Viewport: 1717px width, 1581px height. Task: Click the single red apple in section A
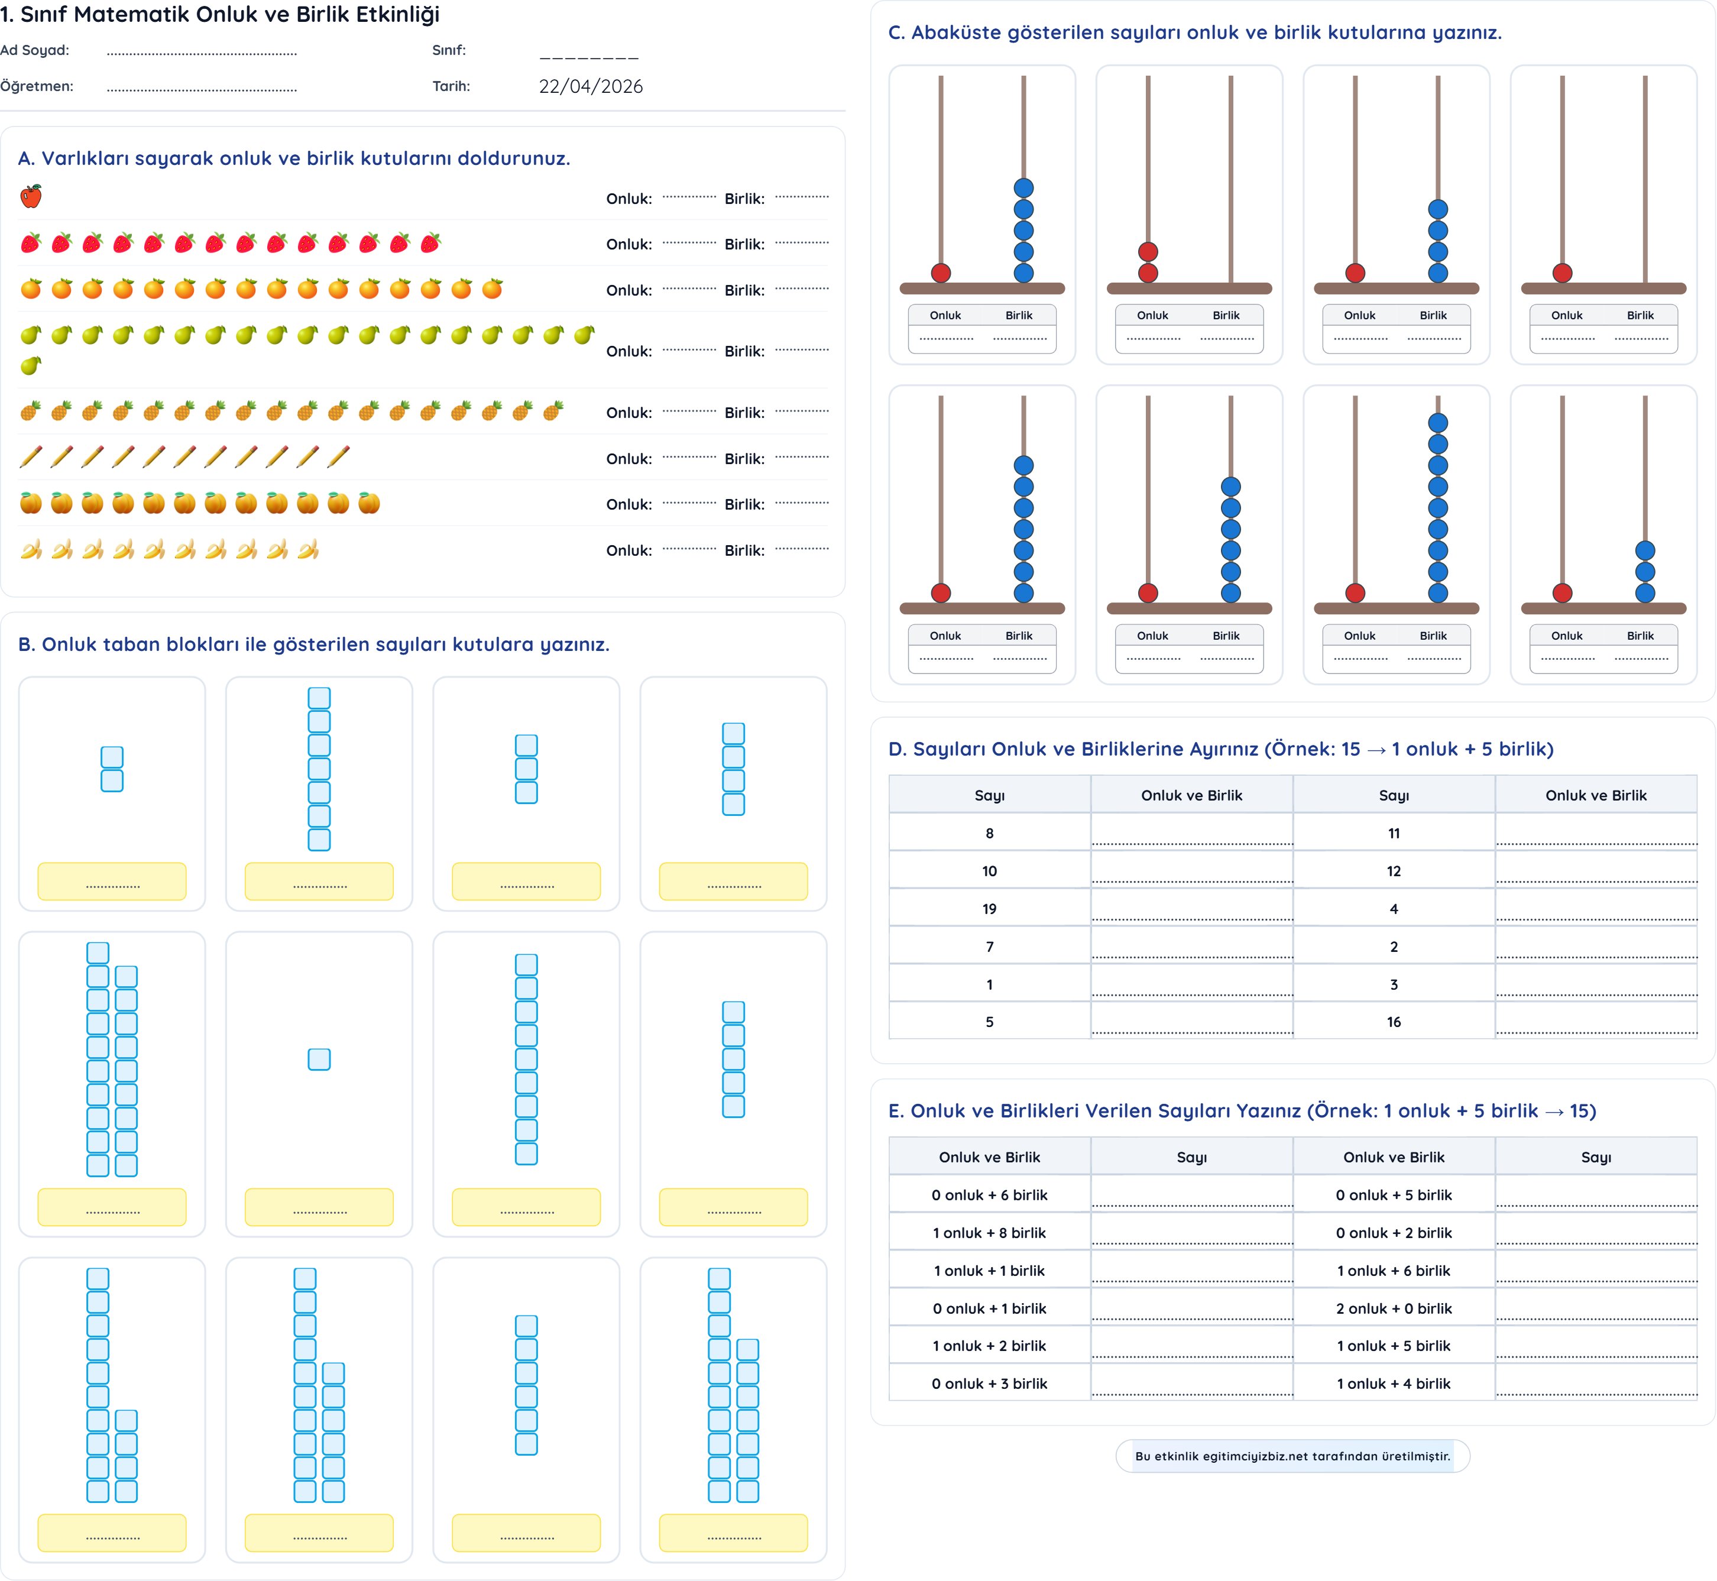point(31,197)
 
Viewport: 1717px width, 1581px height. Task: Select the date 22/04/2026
point(590,86)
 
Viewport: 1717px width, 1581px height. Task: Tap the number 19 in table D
point(989,909)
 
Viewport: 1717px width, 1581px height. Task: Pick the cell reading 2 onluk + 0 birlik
point(1393,1308)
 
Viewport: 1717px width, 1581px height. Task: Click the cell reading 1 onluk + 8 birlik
point(989,1233)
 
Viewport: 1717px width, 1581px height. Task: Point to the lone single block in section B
point(319,1059)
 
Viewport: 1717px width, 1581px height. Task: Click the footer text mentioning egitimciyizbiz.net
point(1292,1456)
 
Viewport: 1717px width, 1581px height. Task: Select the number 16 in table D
point(1393,1022)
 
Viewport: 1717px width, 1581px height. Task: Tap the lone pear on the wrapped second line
point(31,366)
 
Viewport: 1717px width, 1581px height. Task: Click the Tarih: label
point(451,86)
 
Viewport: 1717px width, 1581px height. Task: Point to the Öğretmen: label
point(37,86)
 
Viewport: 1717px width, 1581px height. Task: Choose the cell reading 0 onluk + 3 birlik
point(989,1384)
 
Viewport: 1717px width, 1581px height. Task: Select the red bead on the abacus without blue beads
point(1562,273)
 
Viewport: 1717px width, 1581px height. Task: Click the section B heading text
point(313,644)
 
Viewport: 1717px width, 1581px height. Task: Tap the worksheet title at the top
point(220,15)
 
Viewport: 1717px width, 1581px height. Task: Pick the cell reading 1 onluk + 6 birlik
point(1393,1271)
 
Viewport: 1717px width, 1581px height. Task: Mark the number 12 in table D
point(1393,871)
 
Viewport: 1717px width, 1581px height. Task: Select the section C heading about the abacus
point(1194,33)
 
